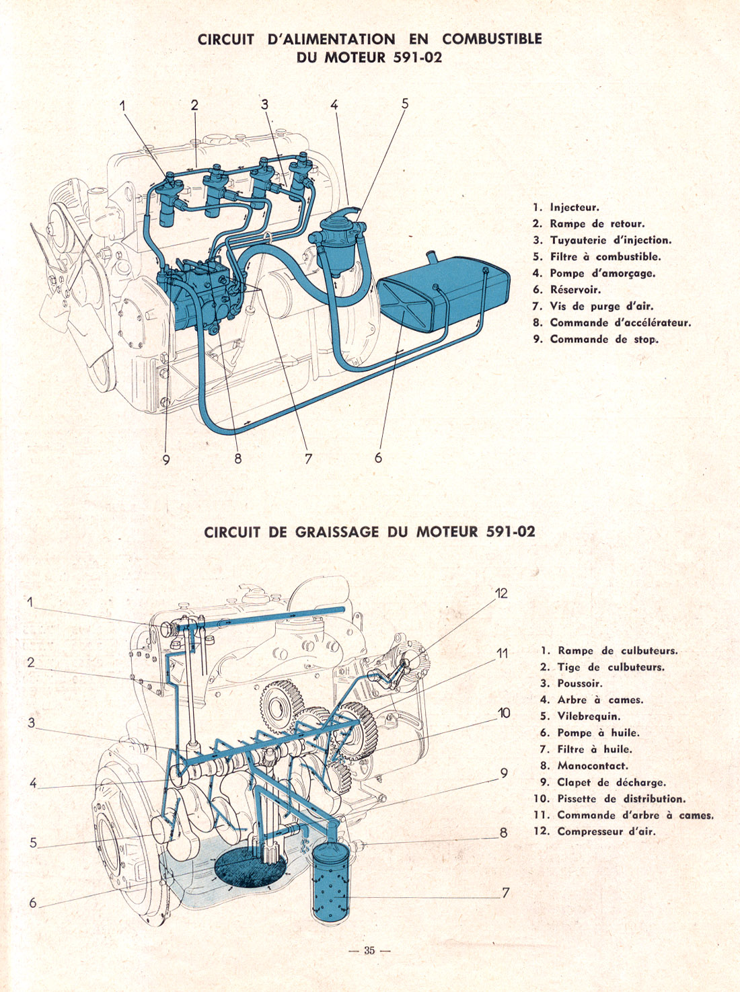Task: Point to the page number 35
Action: [x=369, y=950]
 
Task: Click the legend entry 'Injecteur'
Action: [x=574, y=208]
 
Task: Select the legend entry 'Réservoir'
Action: [x=575, y=290]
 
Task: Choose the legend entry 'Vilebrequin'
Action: [x=589, y=716]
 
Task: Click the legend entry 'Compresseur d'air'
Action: [x=605, y=831]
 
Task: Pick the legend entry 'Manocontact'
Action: [x=592, y=765]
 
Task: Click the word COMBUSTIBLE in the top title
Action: [x=492, y=39]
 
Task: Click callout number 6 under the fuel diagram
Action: [x=378, y=457]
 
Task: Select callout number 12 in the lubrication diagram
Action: [x=501, y=593]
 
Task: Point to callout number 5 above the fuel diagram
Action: [x=405, y=104]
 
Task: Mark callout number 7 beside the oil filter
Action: [x=505, y=892]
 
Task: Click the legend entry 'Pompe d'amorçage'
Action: [x=602, y=273]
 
